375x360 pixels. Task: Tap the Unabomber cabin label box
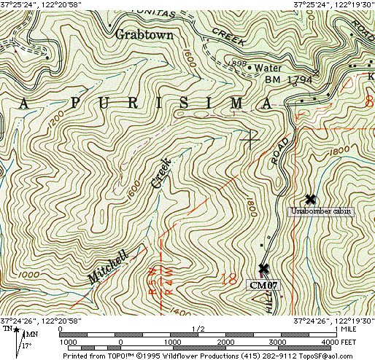pos(321,211)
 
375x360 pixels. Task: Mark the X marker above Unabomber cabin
pos(311,199)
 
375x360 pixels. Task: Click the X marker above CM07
pos(263,269)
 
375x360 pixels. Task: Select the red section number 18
pos(232,279)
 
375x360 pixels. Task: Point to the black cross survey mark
pos(250,137)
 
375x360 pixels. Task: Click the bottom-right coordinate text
pos(333,321)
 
